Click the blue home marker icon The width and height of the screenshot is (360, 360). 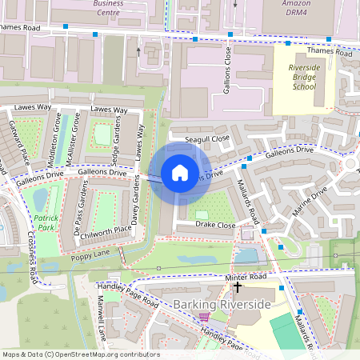coord(180,172)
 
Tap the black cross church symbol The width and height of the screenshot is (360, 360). coord(238,286)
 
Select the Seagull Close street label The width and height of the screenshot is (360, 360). coord(207,138)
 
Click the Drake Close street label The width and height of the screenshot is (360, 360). coord(214,226)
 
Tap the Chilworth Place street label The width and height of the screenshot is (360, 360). coord(101,229)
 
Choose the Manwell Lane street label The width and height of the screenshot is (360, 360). coord(102,315)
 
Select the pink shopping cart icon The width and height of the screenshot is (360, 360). coord(200,318)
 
